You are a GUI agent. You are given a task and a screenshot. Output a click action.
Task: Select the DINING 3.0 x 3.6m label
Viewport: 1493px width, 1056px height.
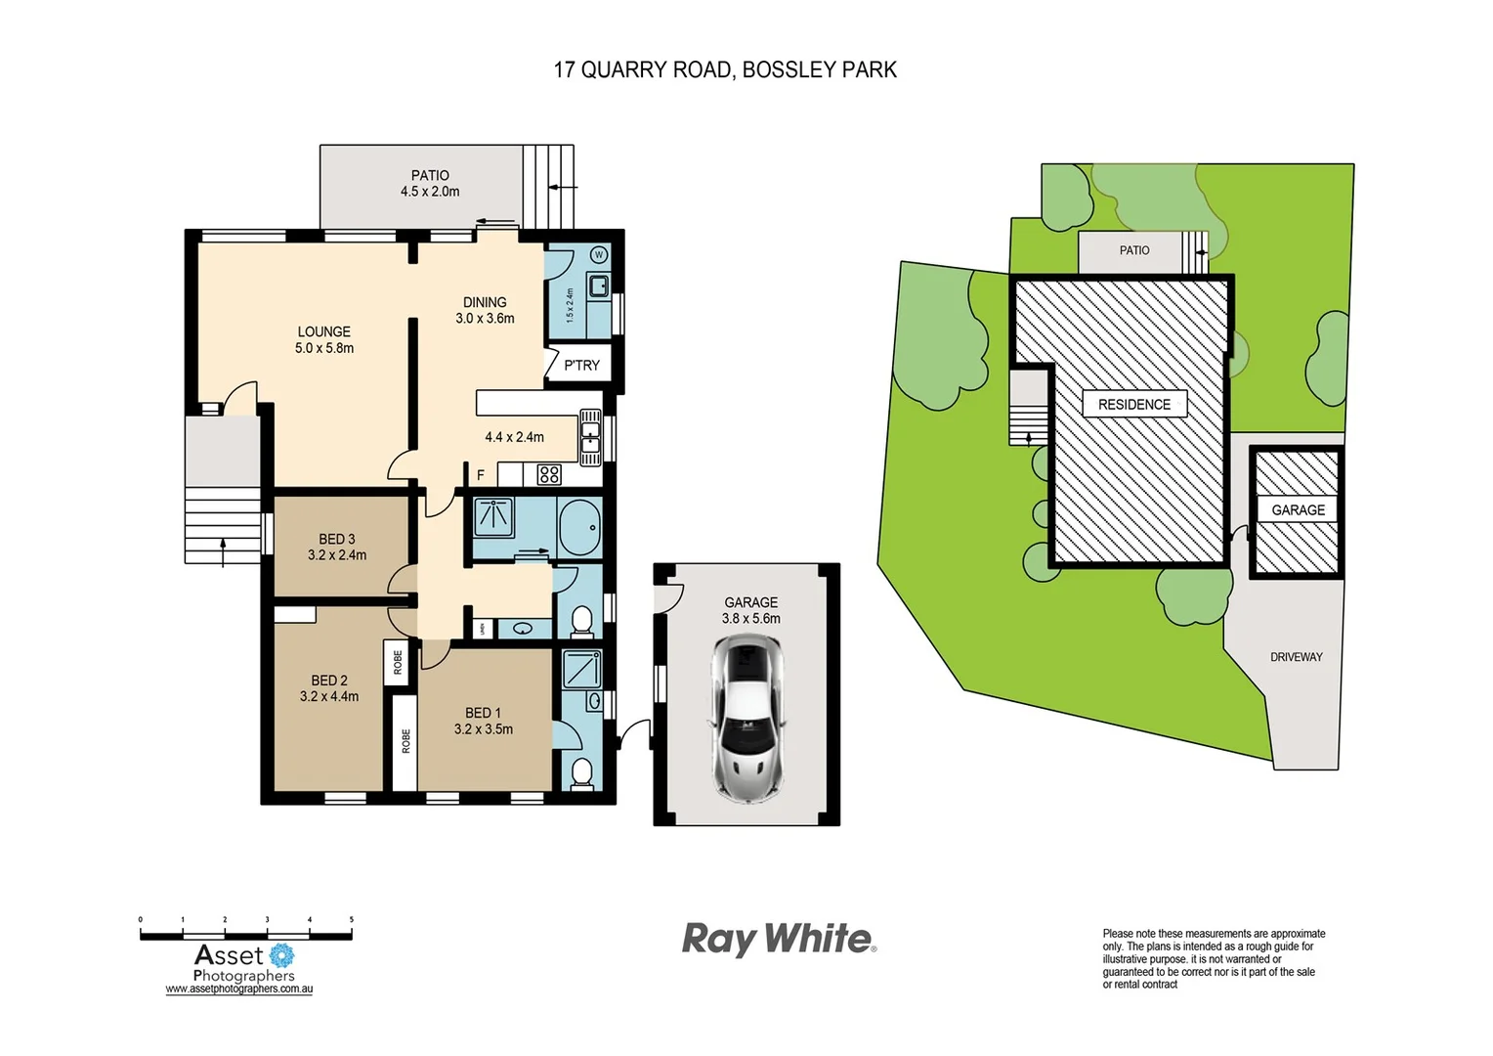pyautogui.click(x=485, y=310)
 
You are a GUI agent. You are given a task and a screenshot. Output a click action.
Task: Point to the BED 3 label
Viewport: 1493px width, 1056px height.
pyautogui.click(x=337, y=540)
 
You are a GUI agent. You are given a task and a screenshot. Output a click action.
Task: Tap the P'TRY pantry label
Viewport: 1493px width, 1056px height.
pyautogui.click(x=581, y=365)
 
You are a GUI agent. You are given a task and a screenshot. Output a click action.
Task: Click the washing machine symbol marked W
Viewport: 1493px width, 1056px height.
pyautogui.click(x=599, y=255)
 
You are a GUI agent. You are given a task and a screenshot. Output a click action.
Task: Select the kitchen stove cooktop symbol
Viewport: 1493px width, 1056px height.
pyautogui.click(x=549, y=475)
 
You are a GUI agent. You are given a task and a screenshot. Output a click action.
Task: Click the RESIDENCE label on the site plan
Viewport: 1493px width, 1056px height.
pyautogui.click(x=1133, y=404)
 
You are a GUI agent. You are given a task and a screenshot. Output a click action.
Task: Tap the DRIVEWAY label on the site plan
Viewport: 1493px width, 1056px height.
pyautogui.click(x=1296, y=657)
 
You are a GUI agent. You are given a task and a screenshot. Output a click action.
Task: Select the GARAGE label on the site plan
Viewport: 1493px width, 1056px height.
pyautogui.click(x=1298, y=509)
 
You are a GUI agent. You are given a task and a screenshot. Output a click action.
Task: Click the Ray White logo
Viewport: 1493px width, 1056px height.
pyautogui.click(x=778, y=939)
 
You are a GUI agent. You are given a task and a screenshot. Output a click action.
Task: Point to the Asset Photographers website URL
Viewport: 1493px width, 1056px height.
pyautogui.click(x=238, y=990)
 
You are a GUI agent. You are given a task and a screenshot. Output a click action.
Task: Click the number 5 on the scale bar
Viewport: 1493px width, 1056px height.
pyautogui.click(x=352, y=920)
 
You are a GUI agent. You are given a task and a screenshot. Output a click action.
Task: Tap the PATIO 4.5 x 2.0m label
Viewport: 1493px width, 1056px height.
pyautogui.click(x=430, y=184)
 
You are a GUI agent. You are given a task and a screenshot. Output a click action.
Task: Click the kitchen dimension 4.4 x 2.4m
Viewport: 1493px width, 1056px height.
pyautogui.click(x=514, y=437)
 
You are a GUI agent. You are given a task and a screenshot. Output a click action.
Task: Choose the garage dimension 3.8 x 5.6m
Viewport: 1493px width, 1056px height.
pyautogui.click(x=750, y=618)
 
